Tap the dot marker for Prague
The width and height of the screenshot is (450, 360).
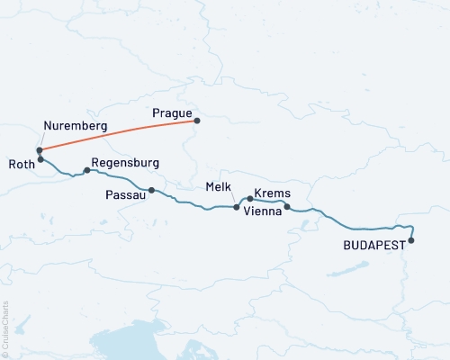pyautogui.click(x=197, y=121)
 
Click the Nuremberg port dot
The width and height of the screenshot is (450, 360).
pyautogui.click(x=40, y=150)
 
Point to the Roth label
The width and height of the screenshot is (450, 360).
pyautogui.click(x=21, y=164)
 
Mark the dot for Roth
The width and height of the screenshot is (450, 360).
pyautogui.click(x=40, y=159)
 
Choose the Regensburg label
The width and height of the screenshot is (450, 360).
pyautogui.click(x=125, y=163)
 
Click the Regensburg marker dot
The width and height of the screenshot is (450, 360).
pyautogui.click(x=86, y=170)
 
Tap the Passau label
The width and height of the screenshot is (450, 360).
pyautogui.click(x=124, y=193)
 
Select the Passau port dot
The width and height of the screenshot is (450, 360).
pyautogui.click(x=151, y=190)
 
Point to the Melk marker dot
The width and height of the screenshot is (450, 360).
pyautogui.click(x=237, y=207)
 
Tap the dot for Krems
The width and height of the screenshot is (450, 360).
pyautogui.click(x=250, y=198)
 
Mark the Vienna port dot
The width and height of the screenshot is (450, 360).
pyautogui.click(x=287, y=208)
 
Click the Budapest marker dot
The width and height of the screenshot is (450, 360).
pyautogui.click(x=411, y=240)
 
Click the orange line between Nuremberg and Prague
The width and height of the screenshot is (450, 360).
pyautogui.click(x=117, y=133)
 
